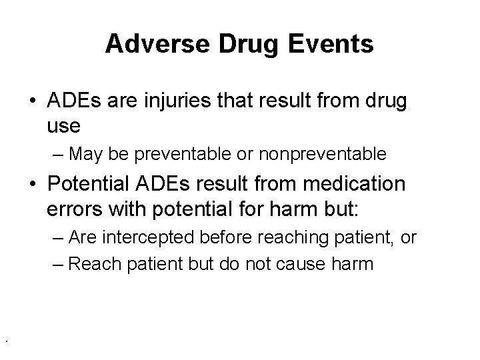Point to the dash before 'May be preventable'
[x=57, y=155]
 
